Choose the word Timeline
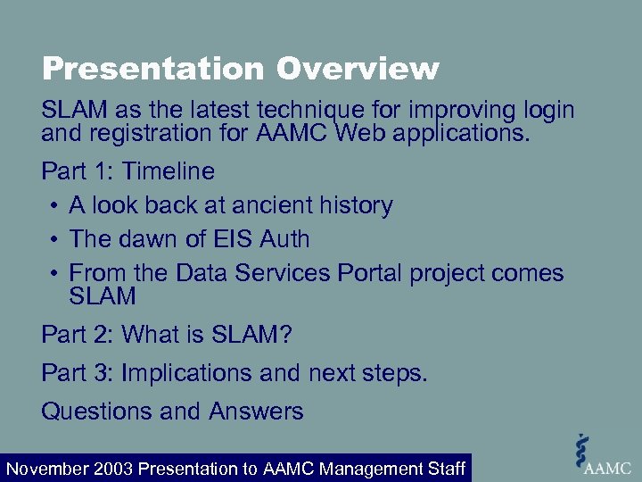click(x=169, y=170)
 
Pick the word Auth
click(x=280, y=239)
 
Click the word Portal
click(x=370, y=273)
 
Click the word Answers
click(x=257, y=411)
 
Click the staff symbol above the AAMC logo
click(x=583, y=445)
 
